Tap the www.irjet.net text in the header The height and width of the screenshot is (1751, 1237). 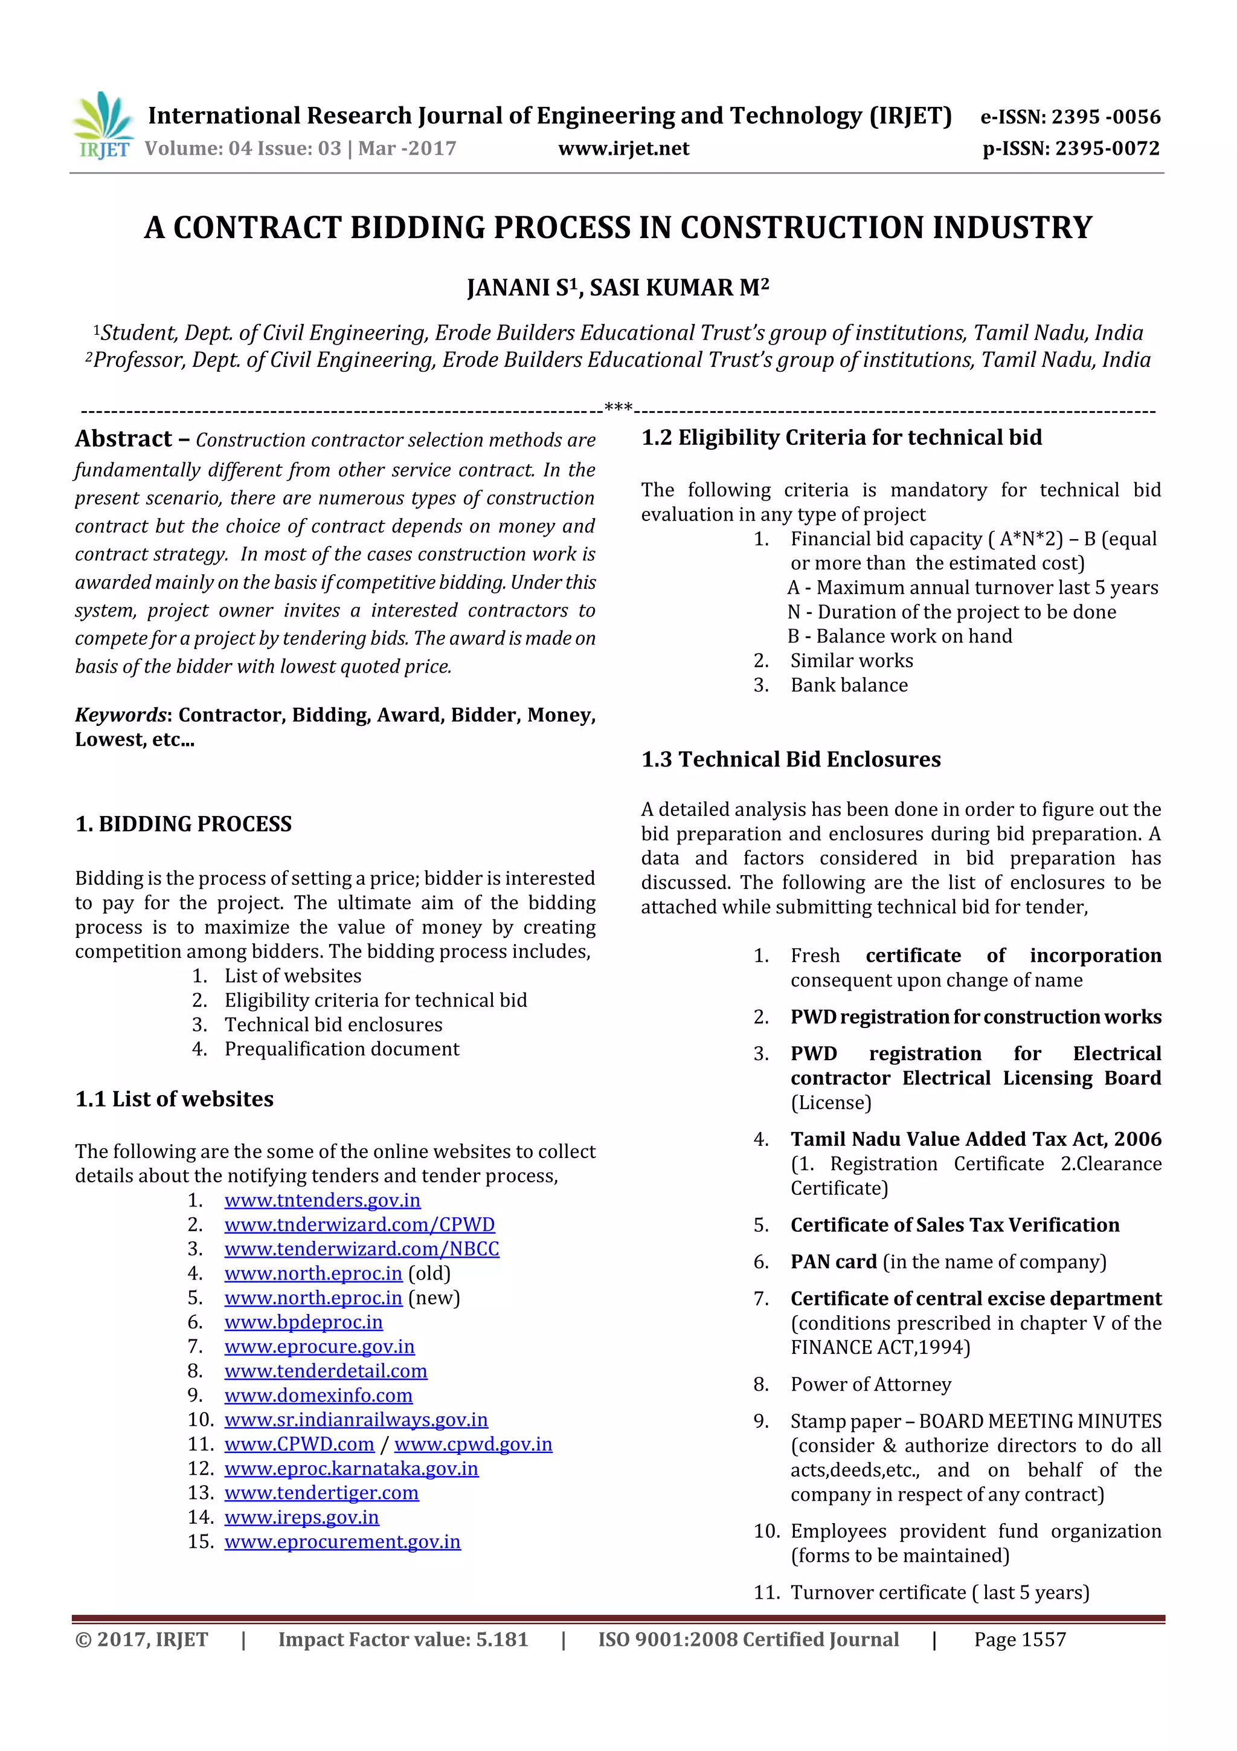[623, 149]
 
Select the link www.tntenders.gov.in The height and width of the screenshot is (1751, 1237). [322, 1200]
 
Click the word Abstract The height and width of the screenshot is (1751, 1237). [123, 439]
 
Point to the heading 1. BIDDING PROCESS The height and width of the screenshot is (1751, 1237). [183, 824]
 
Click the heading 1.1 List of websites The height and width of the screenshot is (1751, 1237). [174, 1099]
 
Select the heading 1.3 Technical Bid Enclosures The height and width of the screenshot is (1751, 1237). [791, 760]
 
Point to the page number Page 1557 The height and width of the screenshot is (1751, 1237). [1019, 1640]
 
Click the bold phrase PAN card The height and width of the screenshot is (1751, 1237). [833, 1261]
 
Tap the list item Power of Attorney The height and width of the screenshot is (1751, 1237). [870, 1384]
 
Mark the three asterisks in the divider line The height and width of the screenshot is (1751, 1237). [617, 408]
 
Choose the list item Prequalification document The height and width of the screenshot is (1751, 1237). [341, 1049]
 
